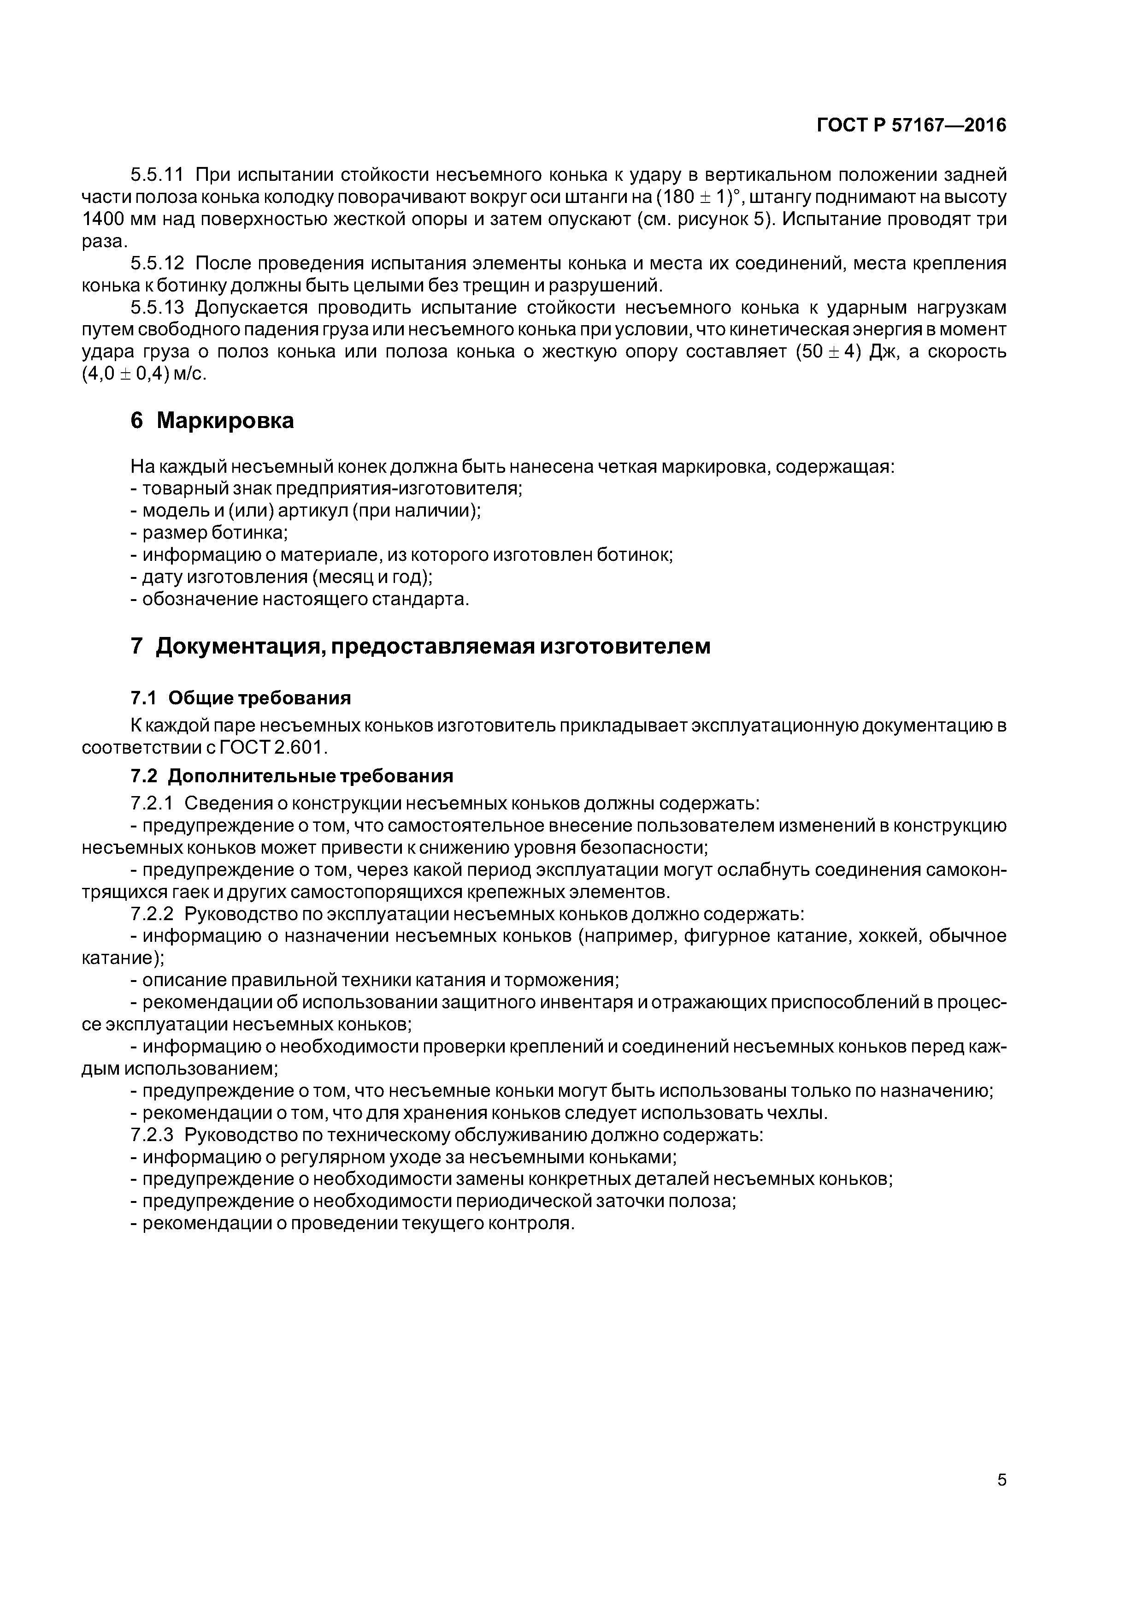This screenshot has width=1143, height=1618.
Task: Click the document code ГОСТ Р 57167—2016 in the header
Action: pyautogui.click(x=911, y=125)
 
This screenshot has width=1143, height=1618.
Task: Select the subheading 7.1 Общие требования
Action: pyautogui.click(x=241, y=698)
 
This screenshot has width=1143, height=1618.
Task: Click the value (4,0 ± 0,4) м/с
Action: pyautogui.click(x=144, y=374)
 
